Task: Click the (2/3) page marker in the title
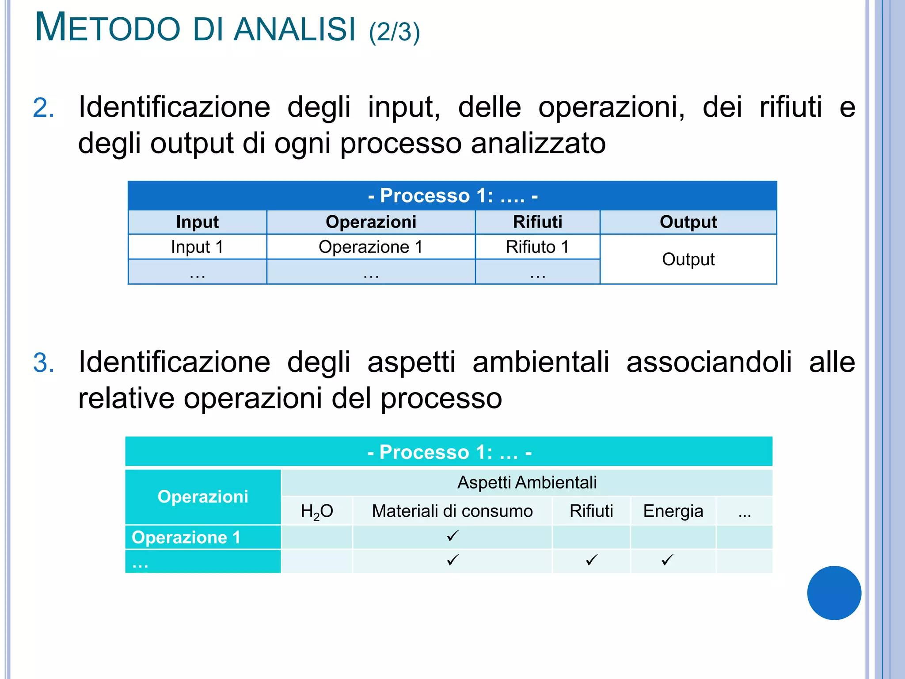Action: coord(394,32)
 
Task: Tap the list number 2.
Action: coord(43,108)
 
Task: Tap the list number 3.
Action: coord(43,363)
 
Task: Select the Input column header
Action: coord(197,222)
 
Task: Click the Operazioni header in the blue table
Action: coord(371,222)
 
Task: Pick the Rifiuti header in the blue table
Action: coord(537,222)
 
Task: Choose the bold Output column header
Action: coord(688,222)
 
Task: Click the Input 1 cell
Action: coord(197,247)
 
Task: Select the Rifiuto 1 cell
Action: coord(537,247)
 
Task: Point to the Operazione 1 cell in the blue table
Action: coord(371,247)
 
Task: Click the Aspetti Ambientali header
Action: coord(527,482)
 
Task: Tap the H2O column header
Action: coord(317,511)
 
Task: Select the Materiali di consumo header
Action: coord(452,511)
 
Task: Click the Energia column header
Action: coord(673,511)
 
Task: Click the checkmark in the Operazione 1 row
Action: coord(452,536)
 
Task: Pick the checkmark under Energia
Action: coord(667,560)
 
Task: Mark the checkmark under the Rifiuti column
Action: coord(591,560)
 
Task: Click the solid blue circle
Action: coord(834,593)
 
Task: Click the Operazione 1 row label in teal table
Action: coord(186,537)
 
